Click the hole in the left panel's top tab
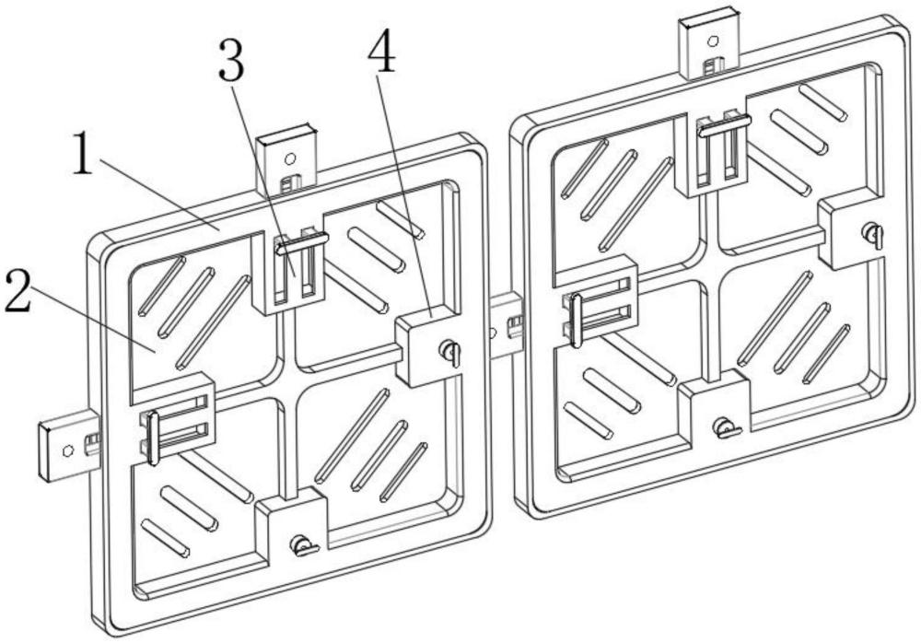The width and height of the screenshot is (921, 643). coord(288,158)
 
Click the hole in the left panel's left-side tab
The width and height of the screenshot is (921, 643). coord(68,450)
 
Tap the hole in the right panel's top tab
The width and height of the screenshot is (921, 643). coord(713,41)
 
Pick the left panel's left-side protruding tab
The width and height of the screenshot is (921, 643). coord(68,444)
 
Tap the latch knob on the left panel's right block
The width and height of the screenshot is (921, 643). coord(450,353)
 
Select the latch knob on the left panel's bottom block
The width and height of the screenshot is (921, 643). coord(304,545)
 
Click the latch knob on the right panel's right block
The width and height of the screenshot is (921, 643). coord(873,235)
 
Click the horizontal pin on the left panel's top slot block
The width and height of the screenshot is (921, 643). coord(302,243)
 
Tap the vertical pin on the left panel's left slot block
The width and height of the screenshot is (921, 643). coord(153,438)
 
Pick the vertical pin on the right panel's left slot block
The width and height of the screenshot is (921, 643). coord(577,321)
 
